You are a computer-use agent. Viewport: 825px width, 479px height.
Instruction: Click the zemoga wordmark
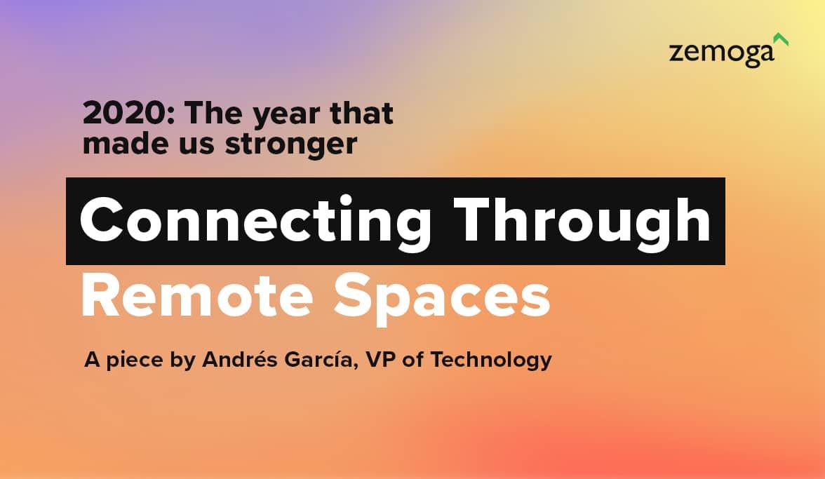[x=721, y=53]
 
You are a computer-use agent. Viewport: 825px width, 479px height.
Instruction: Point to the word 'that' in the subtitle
[x=361, y=113]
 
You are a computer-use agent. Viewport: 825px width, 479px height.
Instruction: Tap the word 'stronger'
[x=291, y=144]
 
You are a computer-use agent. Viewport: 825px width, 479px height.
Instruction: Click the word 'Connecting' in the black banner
[x=255, y=220]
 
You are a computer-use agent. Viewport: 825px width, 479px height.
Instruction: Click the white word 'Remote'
[x=197, y=296]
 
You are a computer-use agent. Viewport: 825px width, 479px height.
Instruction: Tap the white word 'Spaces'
[x=442, y=298]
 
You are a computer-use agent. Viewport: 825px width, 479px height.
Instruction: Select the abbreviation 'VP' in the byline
[x=380, y=360]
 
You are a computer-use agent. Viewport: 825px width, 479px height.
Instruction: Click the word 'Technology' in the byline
[x=491, y=360]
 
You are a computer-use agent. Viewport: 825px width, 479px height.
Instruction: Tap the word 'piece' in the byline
[x=135, y=361]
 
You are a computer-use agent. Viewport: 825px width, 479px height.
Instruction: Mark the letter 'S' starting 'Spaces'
[x=352, y=296]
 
